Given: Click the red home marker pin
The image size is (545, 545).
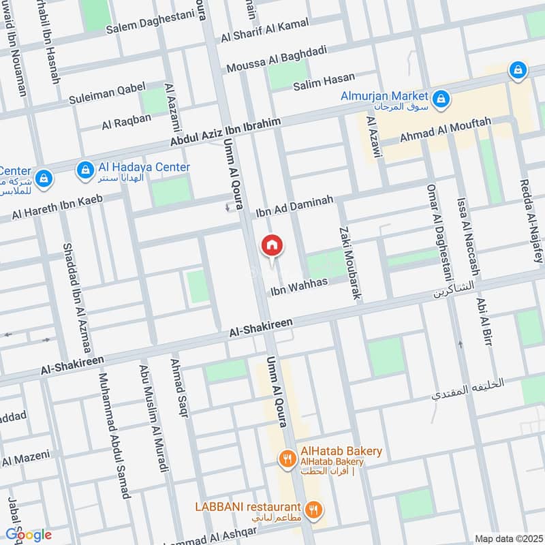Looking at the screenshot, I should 271,245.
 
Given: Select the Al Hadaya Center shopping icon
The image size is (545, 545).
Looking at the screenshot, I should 84,168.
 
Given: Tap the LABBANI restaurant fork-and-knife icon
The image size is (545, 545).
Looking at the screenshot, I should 313,508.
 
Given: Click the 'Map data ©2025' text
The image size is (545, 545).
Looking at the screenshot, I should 508,538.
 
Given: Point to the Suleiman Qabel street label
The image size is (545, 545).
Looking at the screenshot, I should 107,95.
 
